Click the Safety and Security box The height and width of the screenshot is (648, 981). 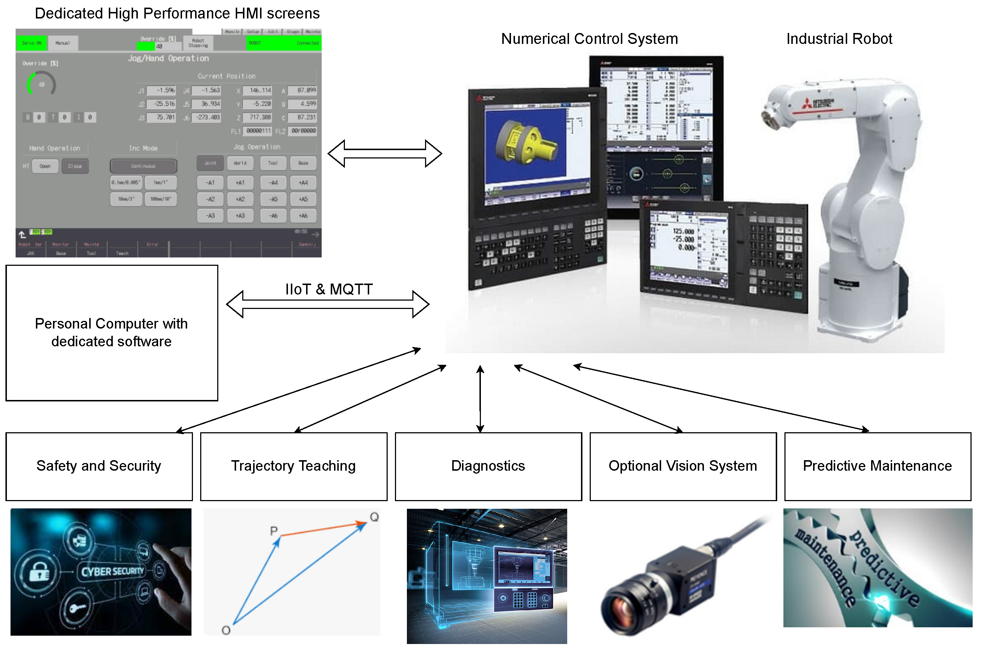(x=99, y=466)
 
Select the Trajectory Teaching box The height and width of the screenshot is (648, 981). (x=293, y=466)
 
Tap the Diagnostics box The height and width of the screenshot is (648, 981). (x=488, y=466)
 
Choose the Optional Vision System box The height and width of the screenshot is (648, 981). (x=683, y=466)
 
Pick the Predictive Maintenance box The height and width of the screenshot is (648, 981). (x=877, y=466)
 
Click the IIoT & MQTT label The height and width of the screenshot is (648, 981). (x=329, y=289)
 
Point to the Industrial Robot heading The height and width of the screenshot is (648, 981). (x=839, y=39)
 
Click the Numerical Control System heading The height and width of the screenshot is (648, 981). (x=589, y=39)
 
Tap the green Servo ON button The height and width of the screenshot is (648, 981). (x=32, y=43)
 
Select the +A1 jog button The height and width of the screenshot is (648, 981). (x=240, y=183)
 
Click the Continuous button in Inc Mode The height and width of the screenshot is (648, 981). (x=143, y=166)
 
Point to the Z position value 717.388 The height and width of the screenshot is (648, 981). (x=257, y=117)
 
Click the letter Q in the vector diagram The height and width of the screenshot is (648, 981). (x=374, y=517)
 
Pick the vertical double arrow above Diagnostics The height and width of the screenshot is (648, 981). (x=480, y=399)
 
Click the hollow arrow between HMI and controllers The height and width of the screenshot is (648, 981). (x=385, y=154)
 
